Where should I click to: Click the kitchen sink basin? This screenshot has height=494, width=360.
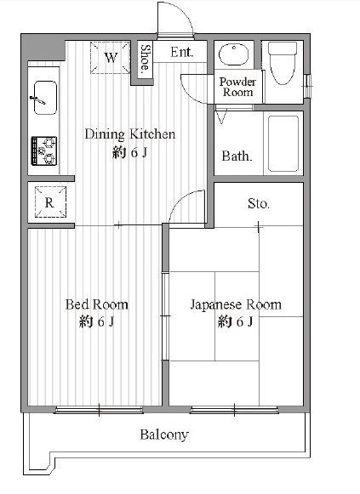click(x=45, y=98)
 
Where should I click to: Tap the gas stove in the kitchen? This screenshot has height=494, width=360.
click(x=43, y=150)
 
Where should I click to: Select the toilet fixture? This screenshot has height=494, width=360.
click(x=283, y=63)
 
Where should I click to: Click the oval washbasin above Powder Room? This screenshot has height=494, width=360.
click(x=234, y=54)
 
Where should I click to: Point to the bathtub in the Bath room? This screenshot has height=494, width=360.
click(x=283, y=144)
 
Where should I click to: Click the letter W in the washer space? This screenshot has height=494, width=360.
click(x=111, y=58)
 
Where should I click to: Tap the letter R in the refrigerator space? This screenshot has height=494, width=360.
click(x=49, y=202)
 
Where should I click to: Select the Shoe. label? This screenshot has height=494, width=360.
click(x=146, y=59)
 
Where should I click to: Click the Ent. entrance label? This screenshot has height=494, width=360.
click(x=181, y=52)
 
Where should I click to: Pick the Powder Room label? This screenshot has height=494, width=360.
click(x=237, y=87)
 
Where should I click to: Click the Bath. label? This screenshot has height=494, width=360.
click(x=237, y=156)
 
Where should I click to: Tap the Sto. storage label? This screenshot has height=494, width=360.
click(x=259, y=203)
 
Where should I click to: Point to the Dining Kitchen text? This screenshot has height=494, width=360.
click(x=130, y=134)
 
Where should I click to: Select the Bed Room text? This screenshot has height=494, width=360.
click(x=97, y=304)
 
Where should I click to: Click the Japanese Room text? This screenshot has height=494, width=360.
click(x=236, y=304)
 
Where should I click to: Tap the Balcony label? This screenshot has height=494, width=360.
click(x=164, y=434)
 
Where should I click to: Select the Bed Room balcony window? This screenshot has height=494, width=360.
click(x=99, y=410)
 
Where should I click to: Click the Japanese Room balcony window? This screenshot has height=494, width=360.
click(x=234, y=410)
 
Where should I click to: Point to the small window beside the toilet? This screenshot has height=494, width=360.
click(x=308, y=86)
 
